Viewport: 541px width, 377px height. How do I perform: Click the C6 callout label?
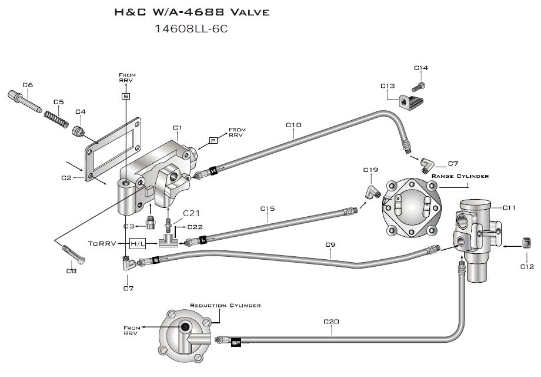28,85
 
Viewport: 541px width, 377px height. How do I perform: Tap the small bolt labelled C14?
419,84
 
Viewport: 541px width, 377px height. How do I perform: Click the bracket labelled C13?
410,101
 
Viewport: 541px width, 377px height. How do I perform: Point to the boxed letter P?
213,141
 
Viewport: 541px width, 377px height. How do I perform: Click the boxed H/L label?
138,244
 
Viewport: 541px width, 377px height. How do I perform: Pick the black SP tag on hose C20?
236,343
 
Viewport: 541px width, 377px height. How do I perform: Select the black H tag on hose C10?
213,170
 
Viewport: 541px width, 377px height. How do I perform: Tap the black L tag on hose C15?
203,239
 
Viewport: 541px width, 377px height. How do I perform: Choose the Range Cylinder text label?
460,176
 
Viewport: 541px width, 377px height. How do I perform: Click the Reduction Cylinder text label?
225,306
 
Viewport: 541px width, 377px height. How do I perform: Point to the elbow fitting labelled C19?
373,192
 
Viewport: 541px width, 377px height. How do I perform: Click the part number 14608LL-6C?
191,29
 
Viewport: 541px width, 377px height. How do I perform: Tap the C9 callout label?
330,244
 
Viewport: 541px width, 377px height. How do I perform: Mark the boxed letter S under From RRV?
126,96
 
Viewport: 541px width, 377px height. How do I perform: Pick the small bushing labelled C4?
78,131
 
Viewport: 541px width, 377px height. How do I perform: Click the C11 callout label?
509,208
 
